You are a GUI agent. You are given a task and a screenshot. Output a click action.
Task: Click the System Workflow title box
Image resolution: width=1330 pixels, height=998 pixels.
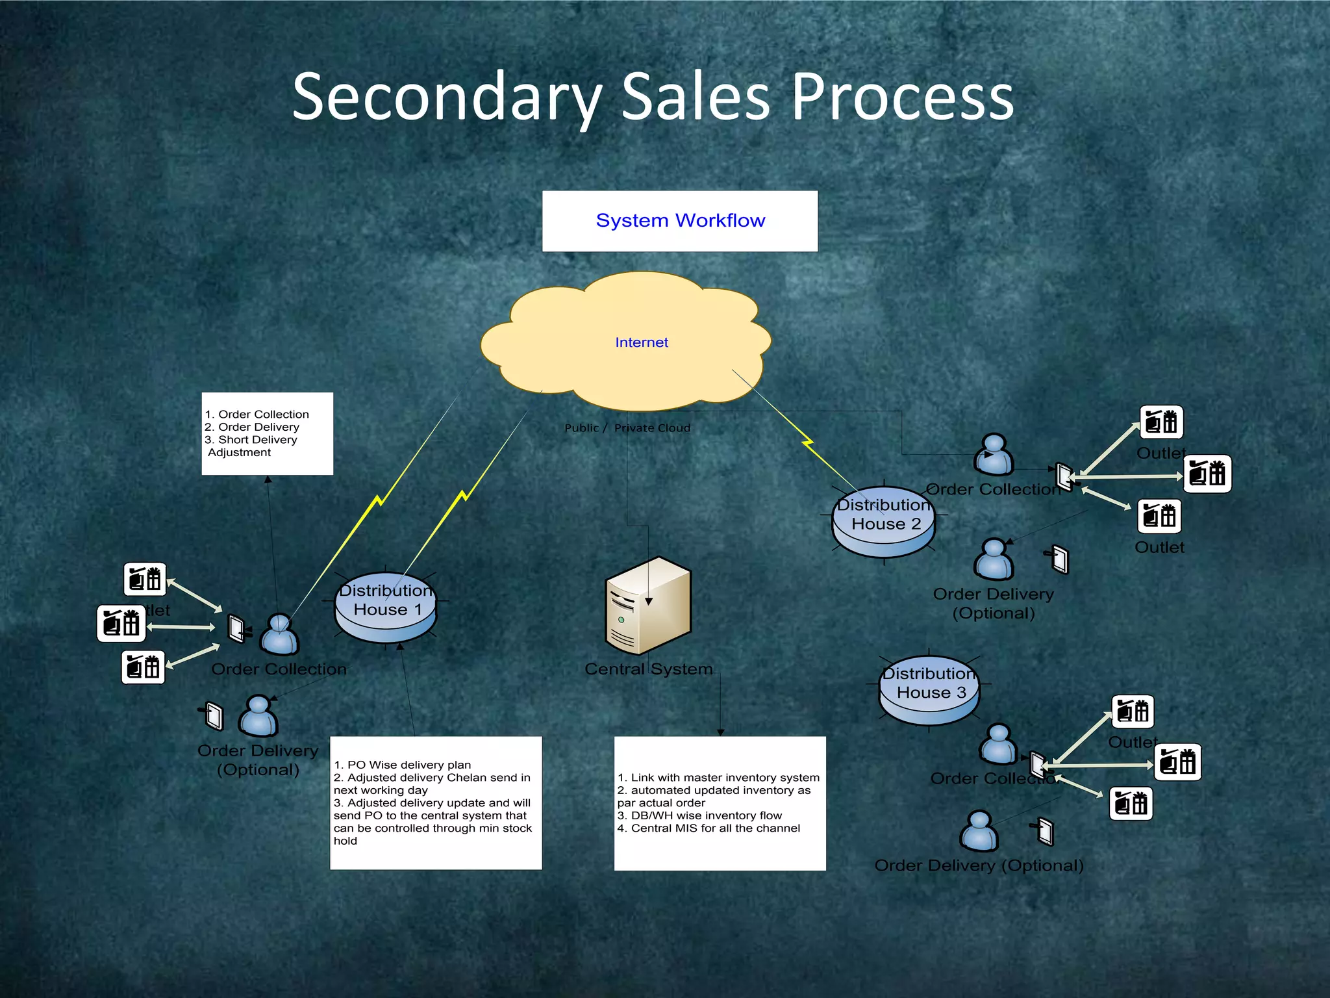[x=680, y=221]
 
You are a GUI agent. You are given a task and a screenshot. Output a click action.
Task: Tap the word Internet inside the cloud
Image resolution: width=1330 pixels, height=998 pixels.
[x=642, y=342]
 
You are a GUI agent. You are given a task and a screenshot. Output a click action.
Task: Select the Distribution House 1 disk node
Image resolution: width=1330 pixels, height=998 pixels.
[x=386, y=607]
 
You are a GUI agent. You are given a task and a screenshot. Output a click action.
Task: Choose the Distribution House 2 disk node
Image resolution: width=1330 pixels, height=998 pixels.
[x=884, y=521]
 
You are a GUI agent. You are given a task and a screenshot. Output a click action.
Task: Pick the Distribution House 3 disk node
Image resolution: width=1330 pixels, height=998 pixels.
[x=929, y=690]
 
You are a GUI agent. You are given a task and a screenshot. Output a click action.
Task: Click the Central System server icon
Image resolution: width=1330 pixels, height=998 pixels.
[x=647, y=606]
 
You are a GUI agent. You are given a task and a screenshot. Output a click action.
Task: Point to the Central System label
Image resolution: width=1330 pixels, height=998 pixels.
[x=648, y=669]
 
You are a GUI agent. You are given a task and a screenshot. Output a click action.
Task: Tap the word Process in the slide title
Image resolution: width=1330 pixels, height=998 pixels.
[x=902, y=97]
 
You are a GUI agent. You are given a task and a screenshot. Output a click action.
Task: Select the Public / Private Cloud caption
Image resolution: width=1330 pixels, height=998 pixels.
[x=627, y=428]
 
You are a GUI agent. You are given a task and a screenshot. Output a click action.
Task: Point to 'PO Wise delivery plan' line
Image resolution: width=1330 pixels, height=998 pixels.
[x=408, y=765]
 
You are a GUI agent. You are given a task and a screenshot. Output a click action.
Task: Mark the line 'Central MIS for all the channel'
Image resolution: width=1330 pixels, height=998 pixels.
[x=715, y=828]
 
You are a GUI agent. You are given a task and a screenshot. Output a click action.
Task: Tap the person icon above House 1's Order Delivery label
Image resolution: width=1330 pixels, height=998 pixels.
[x=258, y=716]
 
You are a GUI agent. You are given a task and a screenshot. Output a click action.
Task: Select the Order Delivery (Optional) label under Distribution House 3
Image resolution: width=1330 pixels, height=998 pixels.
[x=979, y=865]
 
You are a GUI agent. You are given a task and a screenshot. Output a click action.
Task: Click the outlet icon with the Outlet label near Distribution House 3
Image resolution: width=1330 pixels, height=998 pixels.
[x=1133, y=711]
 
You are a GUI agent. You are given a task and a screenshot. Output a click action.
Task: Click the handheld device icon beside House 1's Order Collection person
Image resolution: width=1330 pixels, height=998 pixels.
[x=236, y=628]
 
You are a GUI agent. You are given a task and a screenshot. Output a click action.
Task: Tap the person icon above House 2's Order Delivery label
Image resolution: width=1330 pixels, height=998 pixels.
[x=994, y=559]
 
